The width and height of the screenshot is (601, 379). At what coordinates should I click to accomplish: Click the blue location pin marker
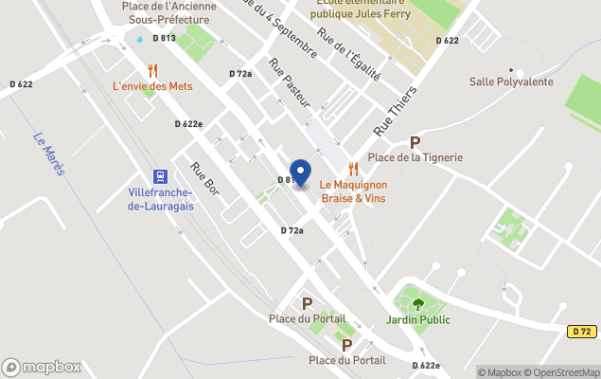[x=300, y=172]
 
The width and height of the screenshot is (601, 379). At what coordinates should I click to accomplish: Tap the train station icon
[x=160, y=176]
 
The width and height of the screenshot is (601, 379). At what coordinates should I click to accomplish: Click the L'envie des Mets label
[x=152, y=86]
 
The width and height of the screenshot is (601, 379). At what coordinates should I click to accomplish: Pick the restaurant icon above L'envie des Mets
[x=152, y=69]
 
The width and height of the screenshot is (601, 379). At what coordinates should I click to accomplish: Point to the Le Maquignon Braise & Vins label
[x=352, y=191]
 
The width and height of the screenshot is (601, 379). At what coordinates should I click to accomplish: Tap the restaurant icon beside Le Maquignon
[x=353, y=169]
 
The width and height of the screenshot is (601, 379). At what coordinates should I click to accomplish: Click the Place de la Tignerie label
[x=415, y=157]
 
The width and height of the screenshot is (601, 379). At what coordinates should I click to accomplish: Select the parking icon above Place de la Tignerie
[x=414, y=142]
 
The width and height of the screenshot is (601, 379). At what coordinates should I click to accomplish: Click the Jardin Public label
[x=417, y=320]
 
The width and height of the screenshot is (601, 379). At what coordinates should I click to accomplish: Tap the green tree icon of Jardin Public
[x=417, y=304]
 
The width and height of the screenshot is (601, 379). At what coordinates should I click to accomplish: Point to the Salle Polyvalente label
[x=510, y=82]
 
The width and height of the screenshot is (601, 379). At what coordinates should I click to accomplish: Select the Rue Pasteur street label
[x=290, y=90]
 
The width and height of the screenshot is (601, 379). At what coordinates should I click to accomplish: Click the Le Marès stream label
[x=47, y=153]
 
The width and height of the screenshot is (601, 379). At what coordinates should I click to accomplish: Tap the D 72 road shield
[x=582, y=332]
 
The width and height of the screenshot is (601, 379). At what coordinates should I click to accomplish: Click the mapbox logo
[x=42, y=367]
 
